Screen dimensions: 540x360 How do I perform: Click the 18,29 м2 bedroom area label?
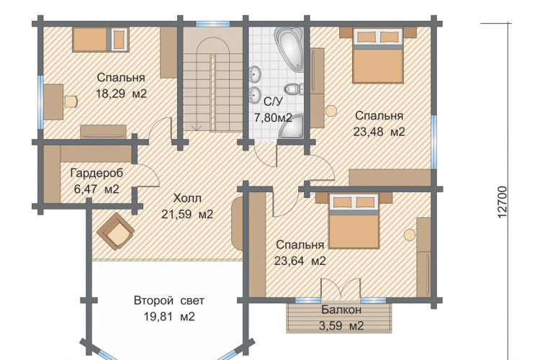point(121,94)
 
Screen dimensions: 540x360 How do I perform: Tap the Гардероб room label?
point(96,173)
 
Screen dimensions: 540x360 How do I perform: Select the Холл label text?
point(187,198)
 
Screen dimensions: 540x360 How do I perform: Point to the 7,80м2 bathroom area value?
point(273,118)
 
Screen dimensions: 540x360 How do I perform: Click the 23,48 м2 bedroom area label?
point(379,132)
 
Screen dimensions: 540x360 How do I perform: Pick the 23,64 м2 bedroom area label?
point(300,261)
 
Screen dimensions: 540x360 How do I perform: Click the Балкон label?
point(341,310)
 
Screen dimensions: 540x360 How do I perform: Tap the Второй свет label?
point(169,300)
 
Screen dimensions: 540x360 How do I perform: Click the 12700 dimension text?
point(503,202)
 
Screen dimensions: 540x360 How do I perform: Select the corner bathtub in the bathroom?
point(289,48)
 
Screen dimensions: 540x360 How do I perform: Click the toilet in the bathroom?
point(294,89)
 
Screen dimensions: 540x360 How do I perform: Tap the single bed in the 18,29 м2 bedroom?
point(101,40)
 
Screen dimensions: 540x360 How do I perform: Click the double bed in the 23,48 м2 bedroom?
point(378,56)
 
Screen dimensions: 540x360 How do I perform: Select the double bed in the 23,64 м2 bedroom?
point(354,221)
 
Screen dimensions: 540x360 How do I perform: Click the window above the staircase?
point(213,24)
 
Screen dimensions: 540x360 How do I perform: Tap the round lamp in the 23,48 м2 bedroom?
point(331,111)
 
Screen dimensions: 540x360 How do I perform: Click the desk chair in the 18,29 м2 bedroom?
point(71,102)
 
